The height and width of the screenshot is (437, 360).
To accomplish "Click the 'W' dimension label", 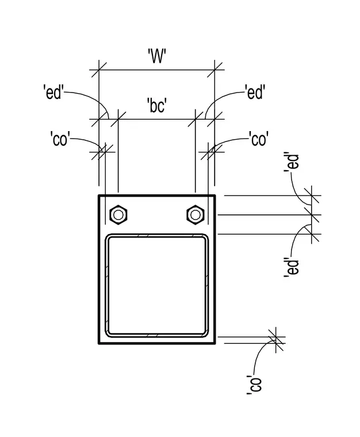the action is click(157, 56).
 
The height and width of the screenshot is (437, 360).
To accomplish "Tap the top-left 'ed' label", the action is click(54, 92).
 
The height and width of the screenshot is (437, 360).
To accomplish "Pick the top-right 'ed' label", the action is click(255, 92).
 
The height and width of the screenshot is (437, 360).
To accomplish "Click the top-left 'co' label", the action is click(60, 139).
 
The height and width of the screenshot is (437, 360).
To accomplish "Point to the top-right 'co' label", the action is click(259, 139).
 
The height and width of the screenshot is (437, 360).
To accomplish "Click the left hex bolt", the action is click(118, 214).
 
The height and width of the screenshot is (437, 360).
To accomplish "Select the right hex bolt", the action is click(196, 214).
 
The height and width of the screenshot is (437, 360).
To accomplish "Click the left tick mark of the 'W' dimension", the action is click(99, 70).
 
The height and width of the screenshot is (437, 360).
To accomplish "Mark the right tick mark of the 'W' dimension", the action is click(215, 70).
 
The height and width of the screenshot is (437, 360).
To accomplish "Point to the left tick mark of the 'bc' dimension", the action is click(118, 119).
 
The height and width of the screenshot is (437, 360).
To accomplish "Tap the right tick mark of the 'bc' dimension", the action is click(196, 119).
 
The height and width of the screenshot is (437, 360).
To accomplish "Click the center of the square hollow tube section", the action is click(157, 285).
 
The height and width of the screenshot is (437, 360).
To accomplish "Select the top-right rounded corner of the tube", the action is click(206, 237).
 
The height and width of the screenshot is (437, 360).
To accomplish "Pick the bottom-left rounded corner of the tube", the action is click(108, 334).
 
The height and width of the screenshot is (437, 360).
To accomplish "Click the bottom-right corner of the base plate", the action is click(215, 343).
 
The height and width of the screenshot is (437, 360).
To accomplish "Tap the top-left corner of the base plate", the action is click(99, 195).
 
